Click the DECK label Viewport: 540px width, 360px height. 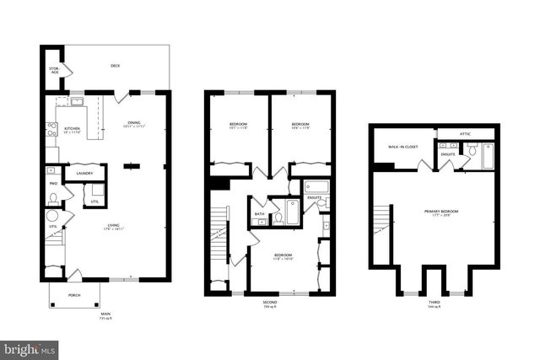pyautogui.click(x=115, y=65)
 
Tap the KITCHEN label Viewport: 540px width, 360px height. pyautogui.click(x=73, y=129)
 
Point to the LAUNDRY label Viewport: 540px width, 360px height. pyautogui.click(x=84, y=174)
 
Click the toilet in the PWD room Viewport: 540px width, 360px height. pyautogui.click(x=54, y=200)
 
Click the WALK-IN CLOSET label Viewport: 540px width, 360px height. pyautogui.click(x=402, y=147)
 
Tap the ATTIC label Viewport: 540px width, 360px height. pyautogui.click(x=465, y=133)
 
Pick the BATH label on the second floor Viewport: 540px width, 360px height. pyautogui.click(x=260, y=214)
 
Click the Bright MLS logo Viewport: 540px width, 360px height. pyautogui.click(x=30, y=347)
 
